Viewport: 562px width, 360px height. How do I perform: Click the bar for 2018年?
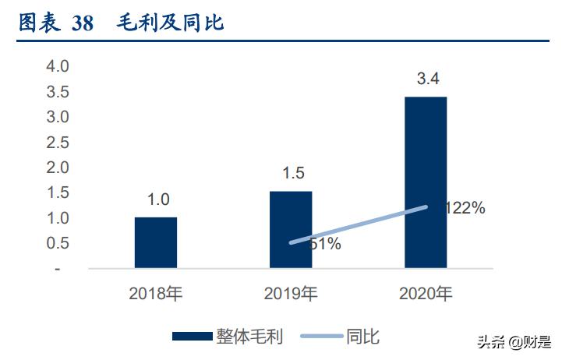click(156, 242)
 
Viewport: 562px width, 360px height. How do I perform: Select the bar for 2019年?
click(291, 230)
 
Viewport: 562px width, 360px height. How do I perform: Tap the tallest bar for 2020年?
click(425, 182)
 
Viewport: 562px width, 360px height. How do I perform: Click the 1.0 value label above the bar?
click(158, 199)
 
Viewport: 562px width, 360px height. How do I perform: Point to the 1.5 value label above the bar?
click(292, 174)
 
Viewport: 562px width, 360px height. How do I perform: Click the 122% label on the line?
click(465, 208)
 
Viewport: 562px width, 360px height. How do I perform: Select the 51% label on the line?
click(323, 244)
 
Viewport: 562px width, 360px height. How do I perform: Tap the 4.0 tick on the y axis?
click(58, 66)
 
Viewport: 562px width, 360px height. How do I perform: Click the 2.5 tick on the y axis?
click(58, 143)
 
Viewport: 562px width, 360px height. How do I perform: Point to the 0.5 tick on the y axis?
click(58, 243)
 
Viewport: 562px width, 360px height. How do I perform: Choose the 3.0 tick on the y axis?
click(58, 117)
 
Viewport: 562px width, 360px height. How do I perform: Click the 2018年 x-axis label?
click(156, 294)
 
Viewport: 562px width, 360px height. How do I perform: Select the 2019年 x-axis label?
click(291, 294)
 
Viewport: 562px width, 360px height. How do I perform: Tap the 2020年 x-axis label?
click(425, 294)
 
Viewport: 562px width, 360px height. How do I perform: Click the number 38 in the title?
click(82, 23)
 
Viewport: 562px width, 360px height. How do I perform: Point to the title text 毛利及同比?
click(170, 23)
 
